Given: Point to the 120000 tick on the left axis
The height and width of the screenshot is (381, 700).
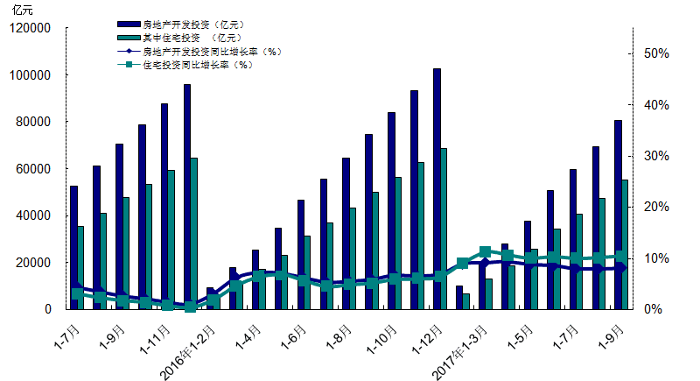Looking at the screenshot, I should pos(31,28).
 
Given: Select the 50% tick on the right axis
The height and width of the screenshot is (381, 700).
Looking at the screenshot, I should pos(655,53).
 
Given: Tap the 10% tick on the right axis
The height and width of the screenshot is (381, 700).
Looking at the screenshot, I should pos(655,258).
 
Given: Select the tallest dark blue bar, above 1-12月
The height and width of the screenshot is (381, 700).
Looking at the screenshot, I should pos(437,188).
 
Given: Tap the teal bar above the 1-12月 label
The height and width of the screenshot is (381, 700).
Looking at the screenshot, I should pos(444,228).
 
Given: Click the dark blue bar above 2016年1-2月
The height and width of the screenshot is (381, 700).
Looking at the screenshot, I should pos(210,298).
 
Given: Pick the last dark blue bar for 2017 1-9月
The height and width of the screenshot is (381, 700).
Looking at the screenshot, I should pos(618,215).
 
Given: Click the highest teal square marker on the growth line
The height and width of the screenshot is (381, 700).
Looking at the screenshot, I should pos(486,252).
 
